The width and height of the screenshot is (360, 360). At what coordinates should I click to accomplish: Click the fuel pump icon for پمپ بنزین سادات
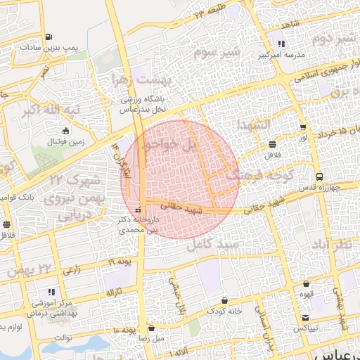tap(48, 37)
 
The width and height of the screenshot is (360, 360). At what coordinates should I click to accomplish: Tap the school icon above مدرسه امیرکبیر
tap(281, 44)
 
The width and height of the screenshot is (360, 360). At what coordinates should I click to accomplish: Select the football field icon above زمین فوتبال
tap(66, 131)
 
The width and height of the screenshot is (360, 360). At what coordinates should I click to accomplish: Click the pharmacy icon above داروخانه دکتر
tap(138, 210)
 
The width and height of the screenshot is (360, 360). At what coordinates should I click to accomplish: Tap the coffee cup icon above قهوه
tap(306, 284)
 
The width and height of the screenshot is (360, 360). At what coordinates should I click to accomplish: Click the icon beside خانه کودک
tap(225, 300)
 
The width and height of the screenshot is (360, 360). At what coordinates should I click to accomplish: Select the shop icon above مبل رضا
tap(152, 328)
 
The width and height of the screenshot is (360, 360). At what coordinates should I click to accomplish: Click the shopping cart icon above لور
tap(303, 127)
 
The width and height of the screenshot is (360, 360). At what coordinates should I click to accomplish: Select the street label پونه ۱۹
tap(120, 262)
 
